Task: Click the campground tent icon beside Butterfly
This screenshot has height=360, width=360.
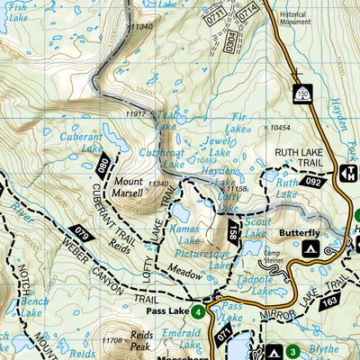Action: (x=312, y=247)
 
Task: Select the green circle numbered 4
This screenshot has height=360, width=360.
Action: (x=196, y=313)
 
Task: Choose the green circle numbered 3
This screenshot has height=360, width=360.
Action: (x=292, y=351)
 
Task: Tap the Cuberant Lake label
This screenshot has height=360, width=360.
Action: (x=80, y=142)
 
